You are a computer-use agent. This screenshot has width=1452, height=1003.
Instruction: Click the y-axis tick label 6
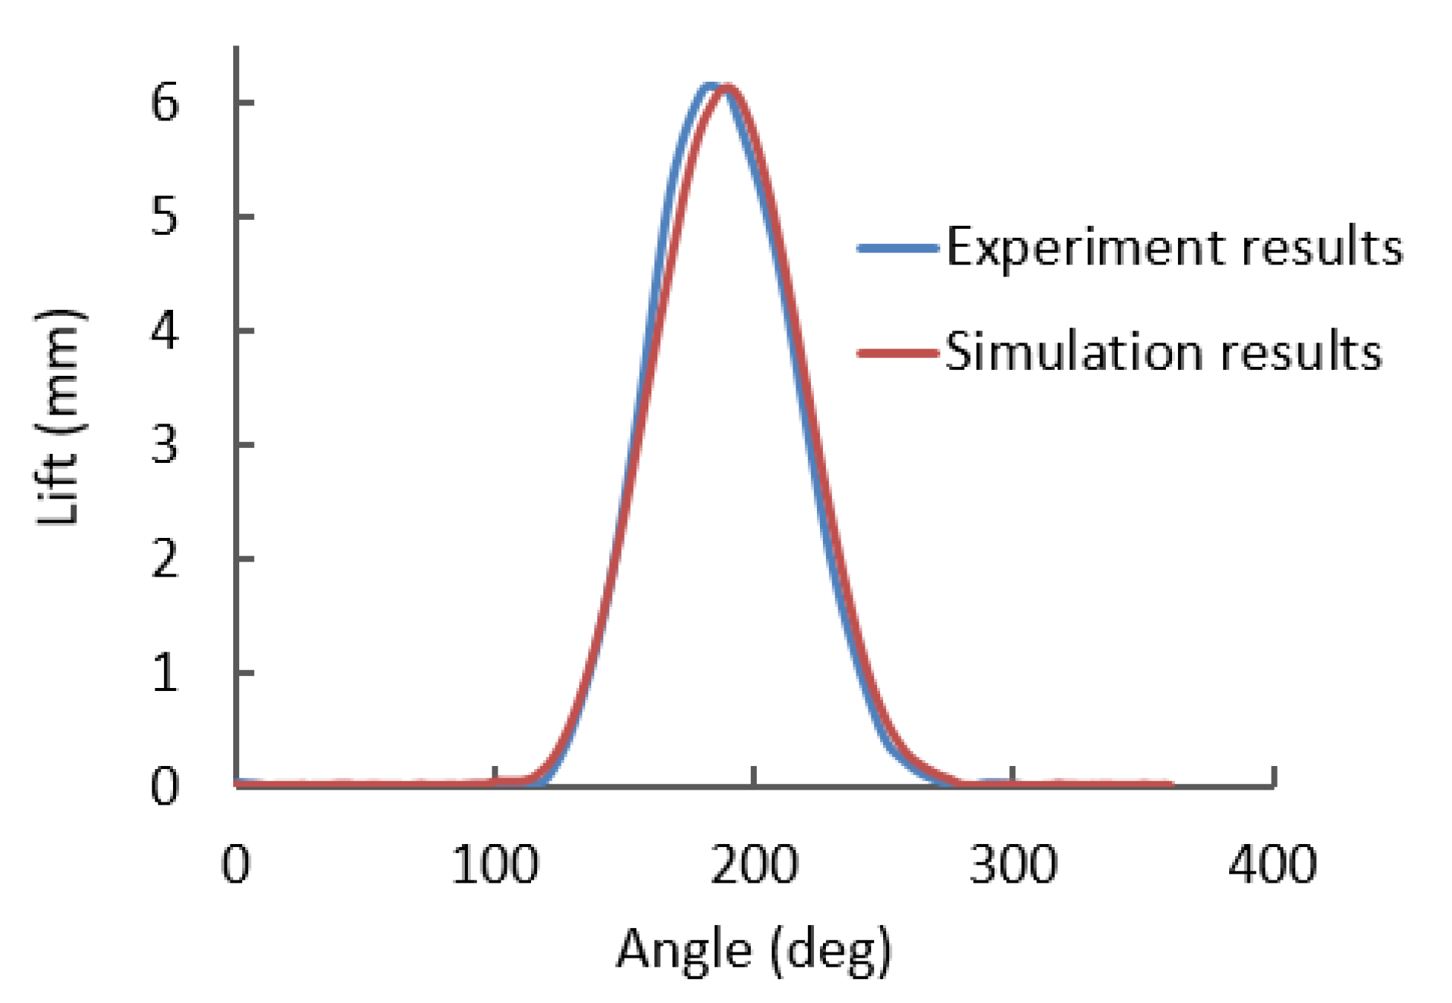coord(164,103)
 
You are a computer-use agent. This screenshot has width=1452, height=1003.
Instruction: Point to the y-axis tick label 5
coord(164,217)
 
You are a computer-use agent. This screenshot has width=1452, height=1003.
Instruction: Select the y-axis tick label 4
coord(164,331)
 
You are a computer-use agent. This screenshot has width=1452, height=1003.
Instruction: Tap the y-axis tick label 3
coord(164,445)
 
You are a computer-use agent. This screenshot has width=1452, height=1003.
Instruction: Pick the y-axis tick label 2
coord(164,559)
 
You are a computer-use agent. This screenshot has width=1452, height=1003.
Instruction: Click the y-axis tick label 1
coord(164,673)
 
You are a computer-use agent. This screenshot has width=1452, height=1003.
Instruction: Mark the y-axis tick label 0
coord(164,787)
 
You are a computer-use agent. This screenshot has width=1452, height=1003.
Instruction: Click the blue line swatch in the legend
coord(897,248)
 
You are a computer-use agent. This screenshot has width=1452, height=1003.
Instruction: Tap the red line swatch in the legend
coord(897,352)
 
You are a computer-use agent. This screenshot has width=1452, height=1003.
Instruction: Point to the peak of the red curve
coord(727,88)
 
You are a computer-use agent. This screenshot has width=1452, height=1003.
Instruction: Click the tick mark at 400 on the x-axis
coord(1273,777)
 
